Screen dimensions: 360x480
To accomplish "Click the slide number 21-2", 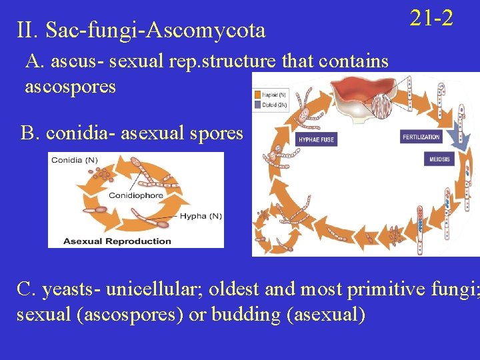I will (431, 18).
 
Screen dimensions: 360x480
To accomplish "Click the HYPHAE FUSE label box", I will (316, 140).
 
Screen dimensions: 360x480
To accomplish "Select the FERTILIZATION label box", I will (421, 137).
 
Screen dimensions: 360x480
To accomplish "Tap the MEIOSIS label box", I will (439, 159).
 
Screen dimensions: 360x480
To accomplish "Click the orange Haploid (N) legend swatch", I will (257, 95).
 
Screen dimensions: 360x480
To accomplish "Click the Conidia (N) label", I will (75, 159).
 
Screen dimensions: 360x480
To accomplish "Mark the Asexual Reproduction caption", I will (117, 241).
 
